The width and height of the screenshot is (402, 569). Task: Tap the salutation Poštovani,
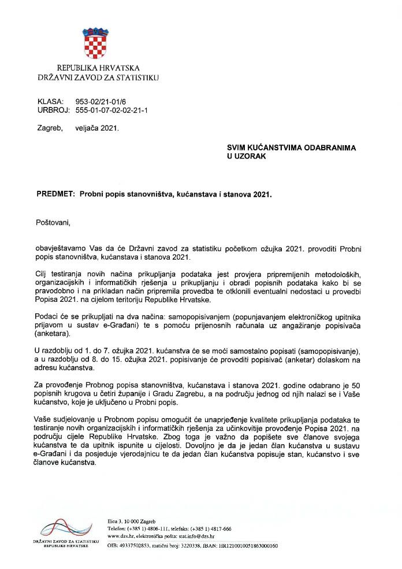point(56,222)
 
